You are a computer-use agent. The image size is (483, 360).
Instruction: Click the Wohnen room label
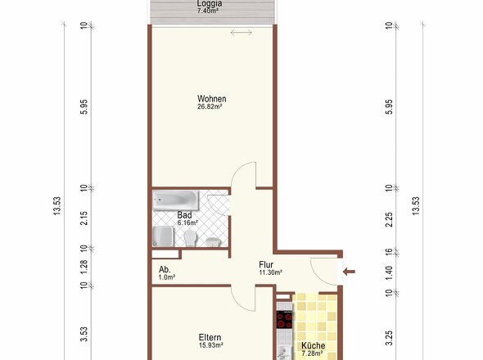tap(212, 99)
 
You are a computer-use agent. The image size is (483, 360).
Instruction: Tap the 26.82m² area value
tap(210, 107)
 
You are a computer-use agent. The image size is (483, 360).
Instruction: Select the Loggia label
tap(209, 3)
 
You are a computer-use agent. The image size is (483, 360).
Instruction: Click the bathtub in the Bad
tap(175, 200)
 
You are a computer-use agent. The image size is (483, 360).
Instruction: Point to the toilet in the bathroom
tap(191, 238)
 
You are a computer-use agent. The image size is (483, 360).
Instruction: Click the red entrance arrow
tap(349, 272)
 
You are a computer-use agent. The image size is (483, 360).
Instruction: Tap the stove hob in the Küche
tap(284, 320)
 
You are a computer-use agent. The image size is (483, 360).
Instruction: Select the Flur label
tap(266, 264)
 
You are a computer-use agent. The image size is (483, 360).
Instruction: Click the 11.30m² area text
tap(271, 272)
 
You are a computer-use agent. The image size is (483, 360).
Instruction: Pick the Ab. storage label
tap(165, 269)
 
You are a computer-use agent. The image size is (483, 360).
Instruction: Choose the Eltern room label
tap(210, 337)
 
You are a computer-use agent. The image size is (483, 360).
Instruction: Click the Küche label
tap(314, 345)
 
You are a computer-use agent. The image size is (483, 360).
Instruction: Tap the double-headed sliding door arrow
tap(241, 33)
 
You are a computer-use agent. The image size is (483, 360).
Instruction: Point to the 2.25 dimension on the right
tap(390, 219)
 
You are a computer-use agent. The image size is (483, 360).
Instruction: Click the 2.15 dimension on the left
tap(84, 218)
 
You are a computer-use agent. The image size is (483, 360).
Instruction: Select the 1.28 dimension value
tap(84, 267)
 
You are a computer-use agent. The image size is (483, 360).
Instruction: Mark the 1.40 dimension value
tap(390, 272)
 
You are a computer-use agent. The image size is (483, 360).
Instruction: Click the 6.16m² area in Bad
tap(187, 223)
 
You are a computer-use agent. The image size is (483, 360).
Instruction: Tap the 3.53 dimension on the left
tap(84, 334)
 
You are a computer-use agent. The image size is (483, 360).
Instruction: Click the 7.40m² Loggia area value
tap(208, 11)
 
